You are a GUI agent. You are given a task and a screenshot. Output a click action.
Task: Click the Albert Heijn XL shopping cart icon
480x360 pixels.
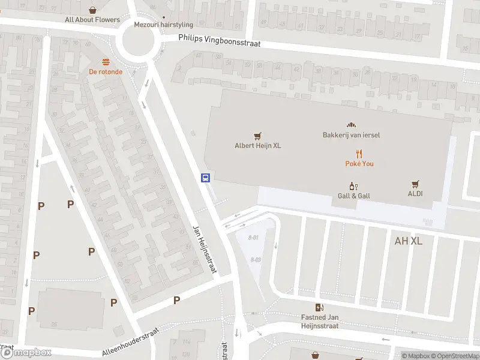(x=258, y=136)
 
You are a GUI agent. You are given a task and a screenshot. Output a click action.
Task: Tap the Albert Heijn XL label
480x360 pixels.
(x=258, y=145)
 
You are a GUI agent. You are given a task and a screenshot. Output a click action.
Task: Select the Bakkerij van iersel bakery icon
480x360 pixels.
(x=352, y=125)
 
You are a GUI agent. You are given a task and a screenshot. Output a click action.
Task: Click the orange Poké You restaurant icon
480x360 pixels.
(x=359, y=154)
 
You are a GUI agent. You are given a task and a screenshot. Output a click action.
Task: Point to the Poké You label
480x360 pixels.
(x=359, y=163)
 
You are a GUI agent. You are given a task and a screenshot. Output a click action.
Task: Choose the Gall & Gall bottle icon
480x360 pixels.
(x=353, y=186)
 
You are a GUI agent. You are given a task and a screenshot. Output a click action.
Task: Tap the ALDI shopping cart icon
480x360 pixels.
(x=415, y=184)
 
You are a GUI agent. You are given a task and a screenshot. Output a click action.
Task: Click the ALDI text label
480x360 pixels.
(x=415, y=194)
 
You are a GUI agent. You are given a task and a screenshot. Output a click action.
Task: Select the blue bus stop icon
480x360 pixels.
(x=205, y=177)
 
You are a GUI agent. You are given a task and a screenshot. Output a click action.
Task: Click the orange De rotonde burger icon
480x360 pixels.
(x=106, y=62)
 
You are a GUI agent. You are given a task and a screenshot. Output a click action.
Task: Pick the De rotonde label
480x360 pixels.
(x=106, y=72)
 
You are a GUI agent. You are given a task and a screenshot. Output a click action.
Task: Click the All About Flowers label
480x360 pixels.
(x=92, y=20)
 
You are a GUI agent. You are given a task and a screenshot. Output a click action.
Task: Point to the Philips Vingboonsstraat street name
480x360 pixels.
(x=219, y=41)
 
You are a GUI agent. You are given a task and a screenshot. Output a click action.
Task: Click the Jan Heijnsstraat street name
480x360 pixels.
(x=203, y=250)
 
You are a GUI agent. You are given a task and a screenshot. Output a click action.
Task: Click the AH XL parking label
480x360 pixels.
(x=409, y=241)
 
